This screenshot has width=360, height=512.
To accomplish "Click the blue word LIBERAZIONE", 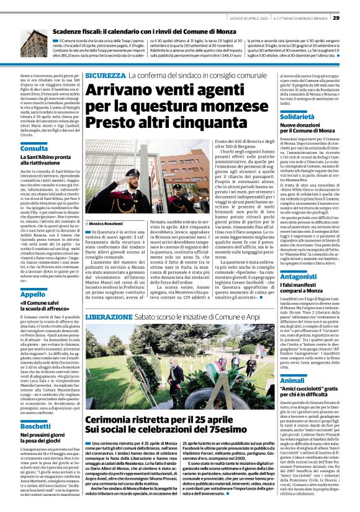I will (109, 317).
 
